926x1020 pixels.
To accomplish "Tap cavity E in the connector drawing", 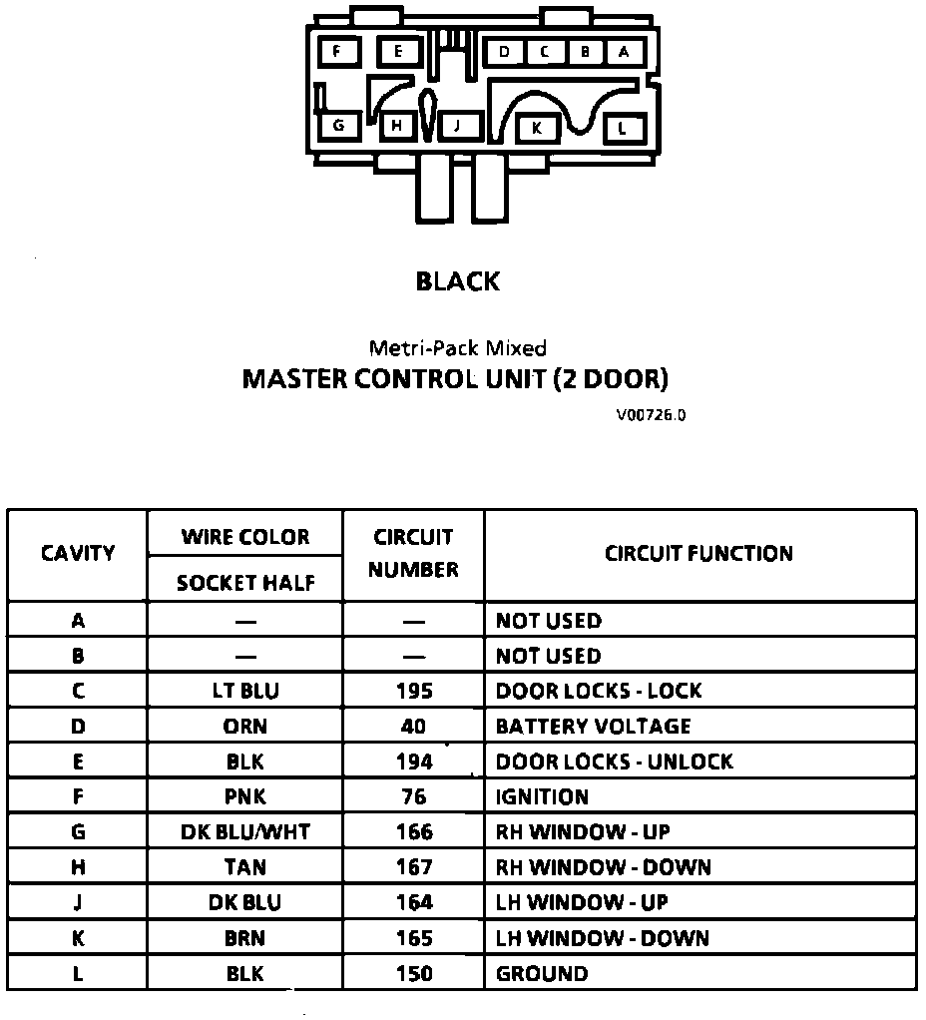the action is click(x=398, y=51).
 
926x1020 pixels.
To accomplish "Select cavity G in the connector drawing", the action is click(x=339, y=126).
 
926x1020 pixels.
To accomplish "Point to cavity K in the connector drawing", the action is click(x=537, y=128).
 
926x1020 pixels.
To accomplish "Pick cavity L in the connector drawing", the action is click(x=623, y=128).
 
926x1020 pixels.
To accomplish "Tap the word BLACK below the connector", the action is click(x=458, y=281).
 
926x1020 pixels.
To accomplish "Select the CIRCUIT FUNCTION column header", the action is click(x=698, y=554).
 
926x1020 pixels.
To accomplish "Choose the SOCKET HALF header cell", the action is click(x=244, y=583).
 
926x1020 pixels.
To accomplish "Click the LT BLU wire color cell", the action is click(x=244, y=691).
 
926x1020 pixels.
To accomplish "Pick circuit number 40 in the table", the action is click(x=413, y=727).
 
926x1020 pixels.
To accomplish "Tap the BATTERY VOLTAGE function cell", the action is click(x=594, y=727).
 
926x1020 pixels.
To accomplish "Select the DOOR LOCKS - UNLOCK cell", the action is click(x=615, y=762).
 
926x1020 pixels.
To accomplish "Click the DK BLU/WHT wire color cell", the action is click(x=244, y=832).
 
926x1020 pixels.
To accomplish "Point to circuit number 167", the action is click(x=413, y=867).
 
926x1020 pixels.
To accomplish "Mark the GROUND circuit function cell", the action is click(x=542, y=973).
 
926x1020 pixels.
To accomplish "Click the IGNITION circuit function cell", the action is click(x=542, y=796).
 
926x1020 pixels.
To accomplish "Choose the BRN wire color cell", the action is click(x=244, y=938).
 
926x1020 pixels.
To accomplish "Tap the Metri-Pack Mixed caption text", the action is click(x=458, y=348).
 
